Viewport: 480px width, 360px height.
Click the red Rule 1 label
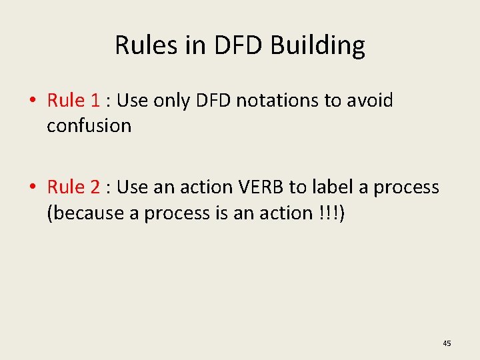tap(73, 101)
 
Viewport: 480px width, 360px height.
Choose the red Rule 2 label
tap(73, 187)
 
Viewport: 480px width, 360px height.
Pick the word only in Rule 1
tap(173, 101)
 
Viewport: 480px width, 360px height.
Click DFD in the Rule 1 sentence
tap(214, 101)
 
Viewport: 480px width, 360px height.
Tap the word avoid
tap(369, 101)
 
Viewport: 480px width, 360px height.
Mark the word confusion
tap(89, 125)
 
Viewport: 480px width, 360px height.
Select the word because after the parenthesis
tap(85, 213)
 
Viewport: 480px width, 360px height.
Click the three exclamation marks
tap(329, 213)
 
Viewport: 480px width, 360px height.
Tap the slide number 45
tap(447, 343)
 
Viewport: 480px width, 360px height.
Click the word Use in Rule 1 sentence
tap(132, 101)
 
